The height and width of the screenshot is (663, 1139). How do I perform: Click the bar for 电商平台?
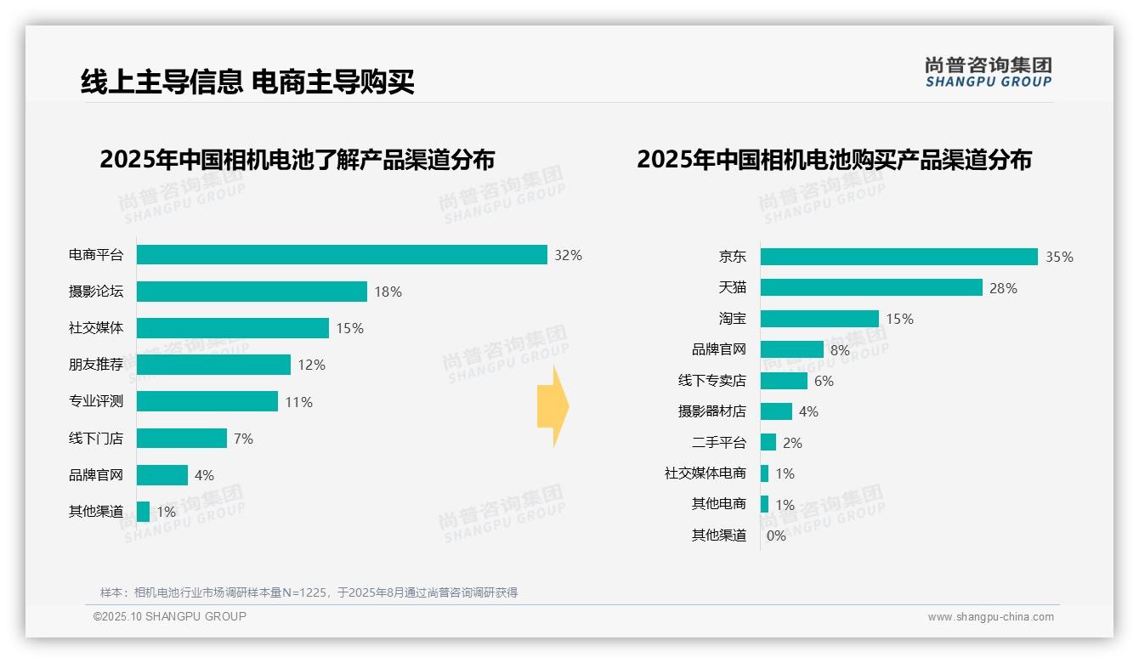(x=342, y=255)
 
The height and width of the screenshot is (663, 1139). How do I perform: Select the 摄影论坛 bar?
(x=252, y=292)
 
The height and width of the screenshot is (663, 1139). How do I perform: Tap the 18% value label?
(x=388, y=292)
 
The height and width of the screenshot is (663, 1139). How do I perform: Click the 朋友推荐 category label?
(x=96, y=365)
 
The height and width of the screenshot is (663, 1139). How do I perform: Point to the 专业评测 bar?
(x=207, y=401)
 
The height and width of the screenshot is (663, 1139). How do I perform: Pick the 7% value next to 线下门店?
(x=243, y=439)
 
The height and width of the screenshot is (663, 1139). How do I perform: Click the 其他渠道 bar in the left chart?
(x=143, y=512)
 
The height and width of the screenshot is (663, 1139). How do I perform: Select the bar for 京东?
(x=898, y=257)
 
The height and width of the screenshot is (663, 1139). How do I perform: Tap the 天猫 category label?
(x=732, y=287)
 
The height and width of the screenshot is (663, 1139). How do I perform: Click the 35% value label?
(x=1059, y=257)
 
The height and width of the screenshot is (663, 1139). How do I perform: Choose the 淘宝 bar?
(x=819, y=319)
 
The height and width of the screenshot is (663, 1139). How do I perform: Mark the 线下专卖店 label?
(x=711, y=381)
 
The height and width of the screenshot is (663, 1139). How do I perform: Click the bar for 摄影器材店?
(x=776, y=411)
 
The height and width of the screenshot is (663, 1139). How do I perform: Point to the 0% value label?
(x=776, y=535)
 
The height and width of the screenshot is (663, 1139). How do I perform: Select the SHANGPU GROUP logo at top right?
(x=988, y=72)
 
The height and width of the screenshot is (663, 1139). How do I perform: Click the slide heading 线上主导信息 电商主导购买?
(x=247, y=82)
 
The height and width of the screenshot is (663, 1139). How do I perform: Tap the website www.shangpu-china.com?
(x=990, y=617)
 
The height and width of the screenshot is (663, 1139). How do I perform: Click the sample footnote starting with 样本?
(x=309, y=592)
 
